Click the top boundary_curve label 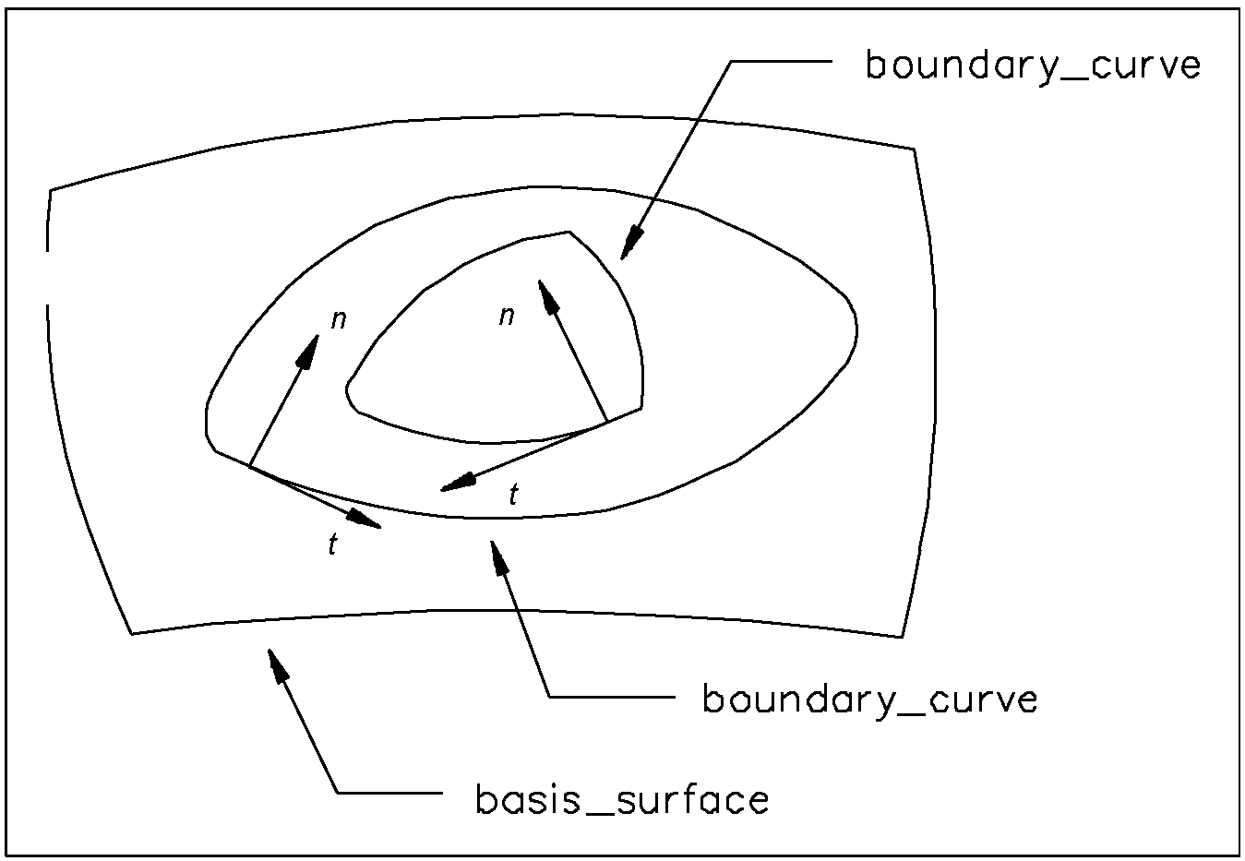(x=1033, y=66)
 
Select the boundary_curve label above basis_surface (x=870, y=699)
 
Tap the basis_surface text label (x=622, y=799)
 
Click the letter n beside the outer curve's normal (x=339, y=320)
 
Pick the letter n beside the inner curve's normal (x=506, y=317)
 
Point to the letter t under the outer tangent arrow (x=332, y=544)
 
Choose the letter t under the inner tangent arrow (x=513, y=496)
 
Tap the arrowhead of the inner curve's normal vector (x=546, y=293)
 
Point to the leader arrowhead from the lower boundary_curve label (x=498, y=556)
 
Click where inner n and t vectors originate (x=607, y=422)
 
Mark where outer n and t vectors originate (x=249, y=466)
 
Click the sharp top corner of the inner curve (x=569, y=232)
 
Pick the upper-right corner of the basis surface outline (x=915, y=149)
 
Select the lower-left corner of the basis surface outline (x=133, y=633)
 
